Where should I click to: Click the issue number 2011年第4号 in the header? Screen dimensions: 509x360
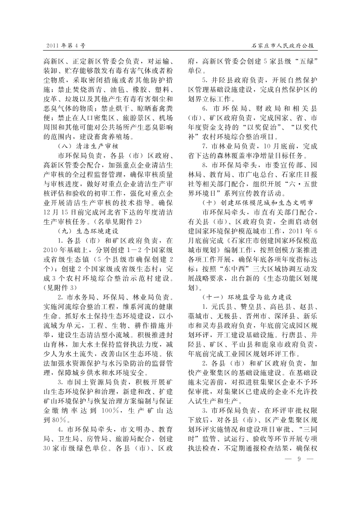(65, 45)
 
